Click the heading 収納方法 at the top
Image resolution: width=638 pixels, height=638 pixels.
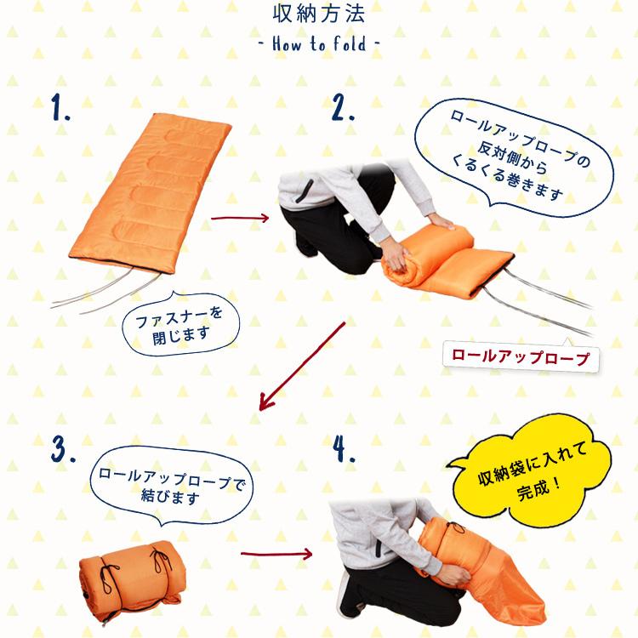319,15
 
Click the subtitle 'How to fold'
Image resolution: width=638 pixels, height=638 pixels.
319,43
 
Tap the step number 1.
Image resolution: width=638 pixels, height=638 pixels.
61,110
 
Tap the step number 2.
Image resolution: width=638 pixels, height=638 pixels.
342,108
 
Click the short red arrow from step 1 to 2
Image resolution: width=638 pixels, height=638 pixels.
239,218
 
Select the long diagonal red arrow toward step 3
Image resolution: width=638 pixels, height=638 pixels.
302,366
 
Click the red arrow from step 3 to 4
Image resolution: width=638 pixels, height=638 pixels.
276,555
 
